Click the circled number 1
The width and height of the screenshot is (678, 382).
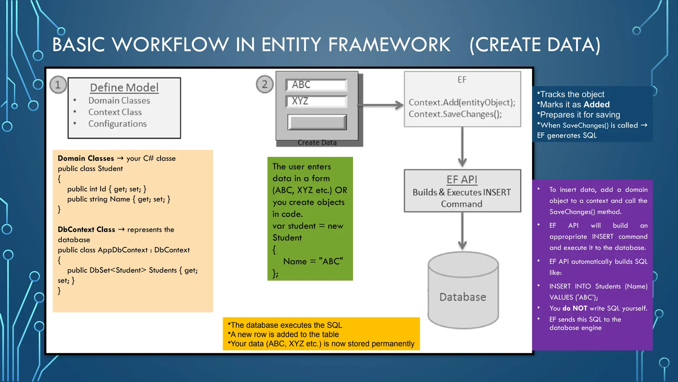pos(58,85)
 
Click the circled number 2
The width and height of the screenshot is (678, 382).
pos(265,84)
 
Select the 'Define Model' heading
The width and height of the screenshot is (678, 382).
pos(124,88)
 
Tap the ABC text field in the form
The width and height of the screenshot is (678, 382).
pos(316,85)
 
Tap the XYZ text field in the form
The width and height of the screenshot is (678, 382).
pos(316,101)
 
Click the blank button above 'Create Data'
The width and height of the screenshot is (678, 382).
pos(317,122)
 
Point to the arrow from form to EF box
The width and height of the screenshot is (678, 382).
pos(381,105)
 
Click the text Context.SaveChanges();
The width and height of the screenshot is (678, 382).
pos(455,114)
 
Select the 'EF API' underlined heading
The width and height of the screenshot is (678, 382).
pos(462,179)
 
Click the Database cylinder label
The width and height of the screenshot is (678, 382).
pos(462,297)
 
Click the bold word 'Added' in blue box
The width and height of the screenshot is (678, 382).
pos(597,104)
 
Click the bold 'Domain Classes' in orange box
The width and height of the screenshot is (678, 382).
pos(86,159)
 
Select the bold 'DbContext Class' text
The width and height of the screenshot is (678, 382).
pos(86,229)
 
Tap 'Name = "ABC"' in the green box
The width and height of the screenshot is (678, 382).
pos(313,261)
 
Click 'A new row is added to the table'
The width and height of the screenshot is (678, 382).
pos(284,334)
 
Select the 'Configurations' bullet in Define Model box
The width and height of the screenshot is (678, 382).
pos(117,124)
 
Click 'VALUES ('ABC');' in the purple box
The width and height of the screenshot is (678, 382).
pos(573,297)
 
